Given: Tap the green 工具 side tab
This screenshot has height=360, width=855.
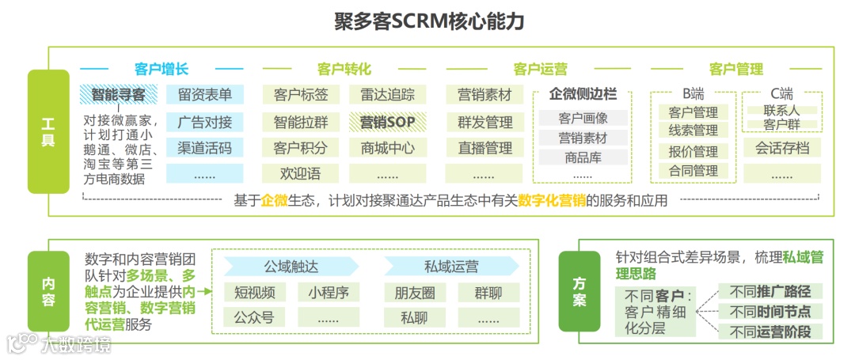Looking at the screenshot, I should click(x=47, y=131).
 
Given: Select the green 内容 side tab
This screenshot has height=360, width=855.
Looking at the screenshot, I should click(x=47, y=291).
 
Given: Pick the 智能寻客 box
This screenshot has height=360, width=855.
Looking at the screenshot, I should click(x=118, y=95).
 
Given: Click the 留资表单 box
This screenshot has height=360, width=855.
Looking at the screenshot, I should click(x=205, y=95).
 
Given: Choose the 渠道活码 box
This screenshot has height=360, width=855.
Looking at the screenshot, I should click(x=205, y=148).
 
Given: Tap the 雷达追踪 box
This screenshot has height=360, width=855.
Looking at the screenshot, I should click(x=388, y=95).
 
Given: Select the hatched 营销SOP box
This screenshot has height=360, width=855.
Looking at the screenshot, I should click(x=388, y=122).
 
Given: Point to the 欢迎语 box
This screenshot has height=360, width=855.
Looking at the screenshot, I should click(x=301, y=173).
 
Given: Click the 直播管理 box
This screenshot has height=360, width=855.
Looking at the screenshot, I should click(x=485, y=148).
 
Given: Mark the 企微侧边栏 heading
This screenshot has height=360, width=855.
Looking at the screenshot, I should click(x=583, y=94).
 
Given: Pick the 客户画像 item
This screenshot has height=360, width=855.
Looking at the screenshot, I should click(x=583, y=118).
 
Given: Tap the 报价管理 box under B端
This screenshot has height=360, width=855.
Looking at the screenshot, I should click(x=693, y=151).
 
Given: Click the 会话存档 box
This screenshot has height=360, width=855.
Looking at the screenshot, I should click(x=781, y=147).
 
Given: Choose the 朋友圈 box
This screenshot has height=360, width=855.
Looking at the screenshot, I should click(x=415, y=293).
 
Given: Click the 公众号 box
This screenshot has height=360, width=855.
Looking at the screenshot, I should click(x=254, y=318).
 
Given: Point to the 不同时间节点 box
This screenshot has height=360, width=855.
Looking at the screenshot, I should click(x=770, y=312).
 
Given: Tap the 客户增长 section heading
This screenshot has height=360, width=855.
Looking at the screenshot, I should click(x=161, y=69).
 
